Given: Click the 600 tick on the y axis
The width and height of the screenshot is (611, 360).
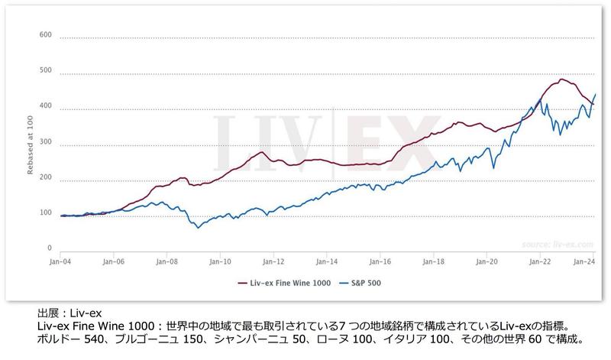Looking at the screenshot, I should coord(45,35).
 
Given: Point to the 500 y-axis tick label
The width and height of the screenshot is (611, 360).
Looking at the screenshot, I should coord(45,71).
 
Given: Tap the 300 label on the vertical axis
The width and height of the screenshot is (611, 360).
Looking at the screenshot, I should coord(45,142).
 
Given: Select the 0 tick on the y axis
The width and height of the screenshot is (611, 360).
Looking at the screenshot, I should coord(50,248).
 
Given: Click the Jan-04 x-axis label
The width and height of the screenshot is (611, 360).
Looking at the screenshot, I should coord(60,262).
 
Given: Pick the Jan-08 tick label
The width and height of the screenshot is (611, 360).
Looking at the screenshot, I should coord(166,262).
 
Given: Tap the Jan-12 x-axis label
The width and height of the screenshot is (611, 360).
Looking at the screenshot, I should coord(273,262).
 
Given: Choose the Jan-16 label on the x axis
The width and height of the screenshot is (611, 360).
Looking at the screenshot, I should coord(380,262).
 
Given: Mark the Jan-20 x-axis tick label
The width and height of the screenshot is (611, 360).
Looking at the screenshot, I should coord(486,262).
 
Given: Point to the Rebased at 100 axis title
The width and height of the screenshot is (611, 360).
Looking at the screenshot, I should coord(30,141).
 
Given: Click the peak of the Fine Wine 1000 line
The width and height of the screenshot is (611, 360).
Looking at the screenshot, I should coord(562,79).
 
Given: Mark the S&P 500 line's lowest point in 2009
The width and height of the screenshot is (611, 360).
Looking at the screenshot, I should coord(199,227).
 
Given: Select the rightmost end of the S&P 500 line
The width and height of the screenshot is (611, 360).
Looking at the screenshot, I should coord(595,94).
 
